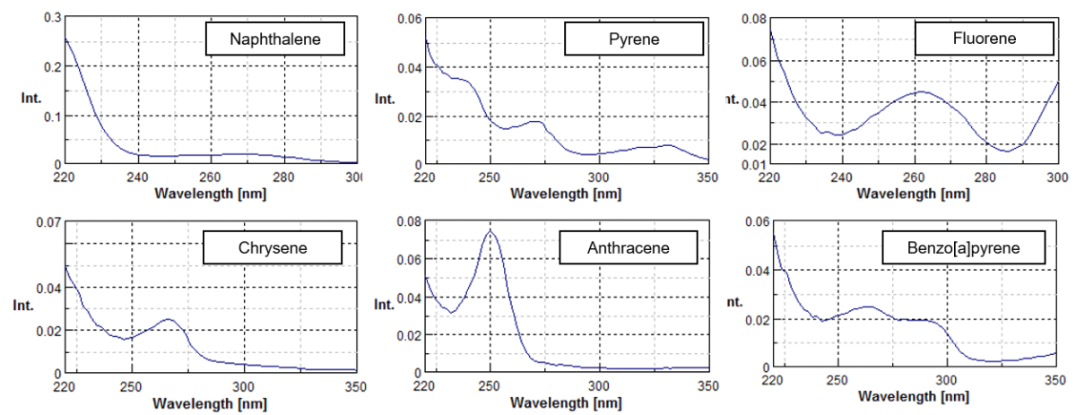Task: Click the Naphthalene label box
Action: point(274,40)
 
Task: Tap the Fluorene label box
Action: point(983,39)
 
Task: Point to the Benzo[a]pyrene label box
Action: point(964,246)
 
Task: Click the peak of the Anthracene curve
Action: point(490,231)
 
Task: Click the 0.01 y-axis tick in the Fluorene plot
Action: point(753,165)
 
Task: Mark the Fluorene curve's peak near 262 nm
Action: point(921,91)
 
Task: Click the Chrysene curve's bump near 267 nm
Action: point(168,319)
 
